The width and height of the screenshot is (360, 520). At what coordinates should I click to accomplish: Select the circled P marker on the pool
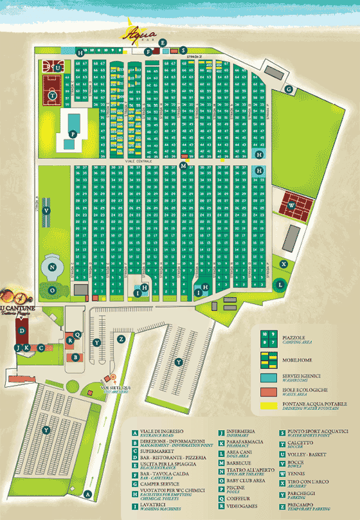[x=73, y=134]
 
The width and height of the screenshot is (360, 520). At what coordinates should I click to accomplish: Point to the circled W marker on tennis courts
[x=292, y=206]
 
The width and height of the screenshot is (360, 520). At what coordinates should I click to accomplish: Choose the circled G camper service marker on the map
[x=289, y=89]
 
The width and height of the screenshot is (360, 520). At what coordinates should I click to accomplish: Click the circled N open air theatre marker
[x=53, y=266]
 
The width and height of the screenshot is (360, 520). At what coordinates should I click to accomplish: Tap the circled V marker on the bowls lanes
[x=46, y=210]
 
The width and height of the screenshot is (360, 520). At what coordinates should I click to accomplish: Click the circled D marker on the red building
[x=22, y=330]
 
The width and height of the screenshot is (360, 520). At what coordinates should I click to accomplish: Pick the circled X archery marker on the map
[x=283, y=264]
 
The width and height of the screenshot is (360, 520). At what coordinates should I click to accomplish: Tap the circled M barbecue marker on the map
[x=183, y=166]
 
